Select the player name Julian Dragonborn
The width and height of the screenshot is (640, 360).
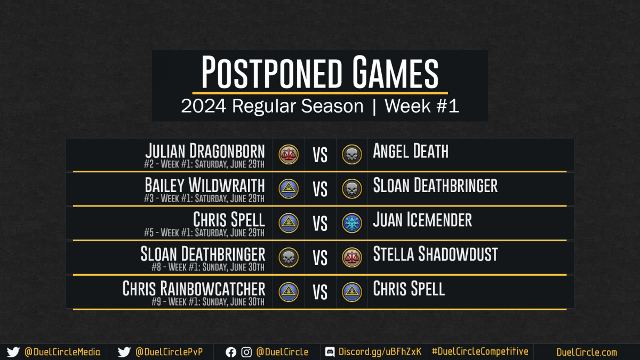[x=205, y=151]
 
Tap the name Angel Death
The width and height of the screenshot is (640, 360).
[x=411, y=151]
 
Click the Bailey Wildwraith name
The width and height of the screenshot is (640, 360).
[x=205, y=185]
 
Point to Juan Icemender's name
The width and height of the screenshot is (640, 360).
[x=422, y=220]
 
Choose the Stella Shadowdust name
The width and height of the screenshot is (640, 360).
[x=435, y=254]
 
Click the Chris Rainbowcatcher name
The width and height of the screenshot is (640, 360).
[x=194, y=289]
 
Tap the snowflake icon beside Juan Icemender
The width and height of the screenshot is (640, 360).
[x=351, y=223]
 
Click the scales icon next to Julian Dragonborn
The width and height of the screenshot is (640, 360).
[x=289, y=155]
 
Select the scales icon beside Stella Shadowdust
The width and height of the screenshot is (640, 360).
[x=351, y=258]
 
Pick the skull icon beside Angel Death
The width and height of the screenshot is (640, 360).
[x=351, y=155]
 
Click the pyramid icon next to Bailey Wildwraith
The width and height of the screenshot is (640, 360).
[x=289, y=189]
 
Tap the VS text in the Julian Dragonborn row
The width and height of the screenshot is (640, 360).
[x=320, y=155]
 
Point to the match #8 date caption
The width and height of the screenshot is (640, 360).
[x=208, y=267]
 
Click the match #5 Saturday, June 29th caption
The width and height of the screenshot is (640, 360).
[x=204, y=233]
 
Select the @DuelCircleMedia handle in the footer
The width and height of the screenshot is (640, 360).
[x=62, y=352]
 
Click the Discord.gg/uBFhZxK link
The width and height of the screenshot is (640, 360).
[x=380, y=351]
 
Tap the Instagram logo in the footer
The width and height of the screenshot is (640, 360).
[x=246, y=353]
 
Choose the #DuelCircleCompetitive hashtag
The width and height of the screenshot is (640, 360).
[x=480, y=351]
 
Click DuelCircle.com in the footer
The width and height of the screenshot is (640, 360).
[x=587, y=353]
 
